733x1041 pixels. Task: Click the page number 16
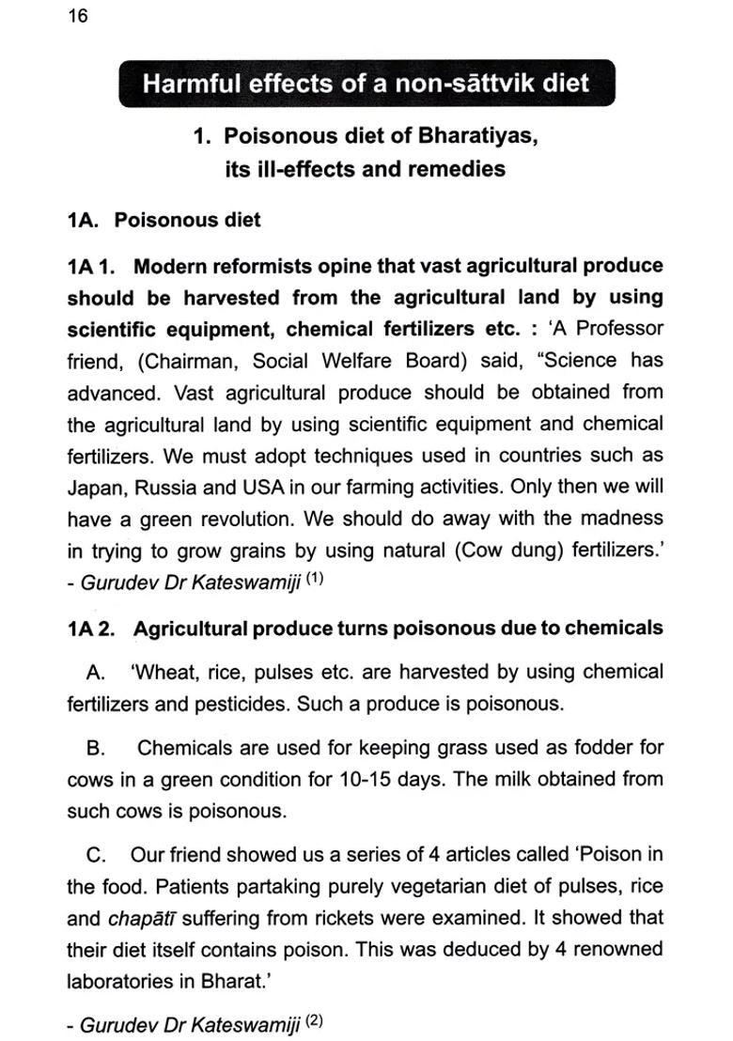click(x=78, y=18)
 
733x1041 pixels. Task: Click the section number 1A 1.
click(x=91, y=267)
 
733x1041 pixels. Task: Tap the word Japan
click(x=95, y=487)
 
